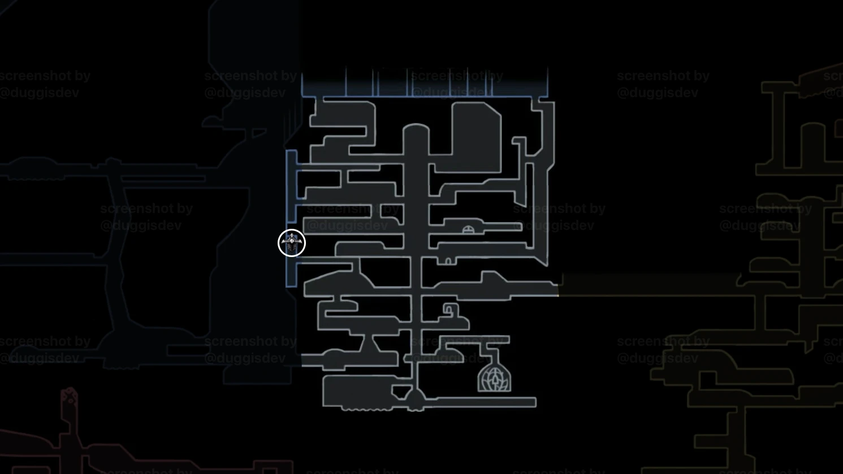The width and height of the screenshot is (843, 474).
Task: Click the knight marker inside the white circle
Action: pyautogui.click(x=292, y=243)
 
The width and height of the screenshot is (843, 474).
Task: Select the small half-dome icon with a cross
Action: pyautogui.click(x=468, y=229)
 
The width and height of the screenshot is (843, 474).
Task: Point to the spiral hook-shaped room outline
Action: pyautogui.click(x=450, y=310)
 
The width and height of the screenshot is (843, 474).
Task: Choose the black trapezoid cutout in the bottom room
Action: pyautogui.click(x=401, y=392)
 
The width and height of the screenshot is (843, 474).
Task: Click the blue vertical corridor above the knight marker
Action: pyautogui.click(x=291, y=186)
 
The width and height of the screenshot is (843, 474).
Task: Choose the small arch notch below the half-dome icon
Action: pyautogui.click(x=448, y=261)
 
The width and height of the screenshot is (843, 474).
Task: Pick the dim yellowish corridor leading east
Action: pyautogui.click(x=650, y=285)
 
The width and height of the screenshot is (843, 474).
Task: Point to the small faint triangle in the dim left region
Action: pyautogui.click(x=259, y=133)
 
